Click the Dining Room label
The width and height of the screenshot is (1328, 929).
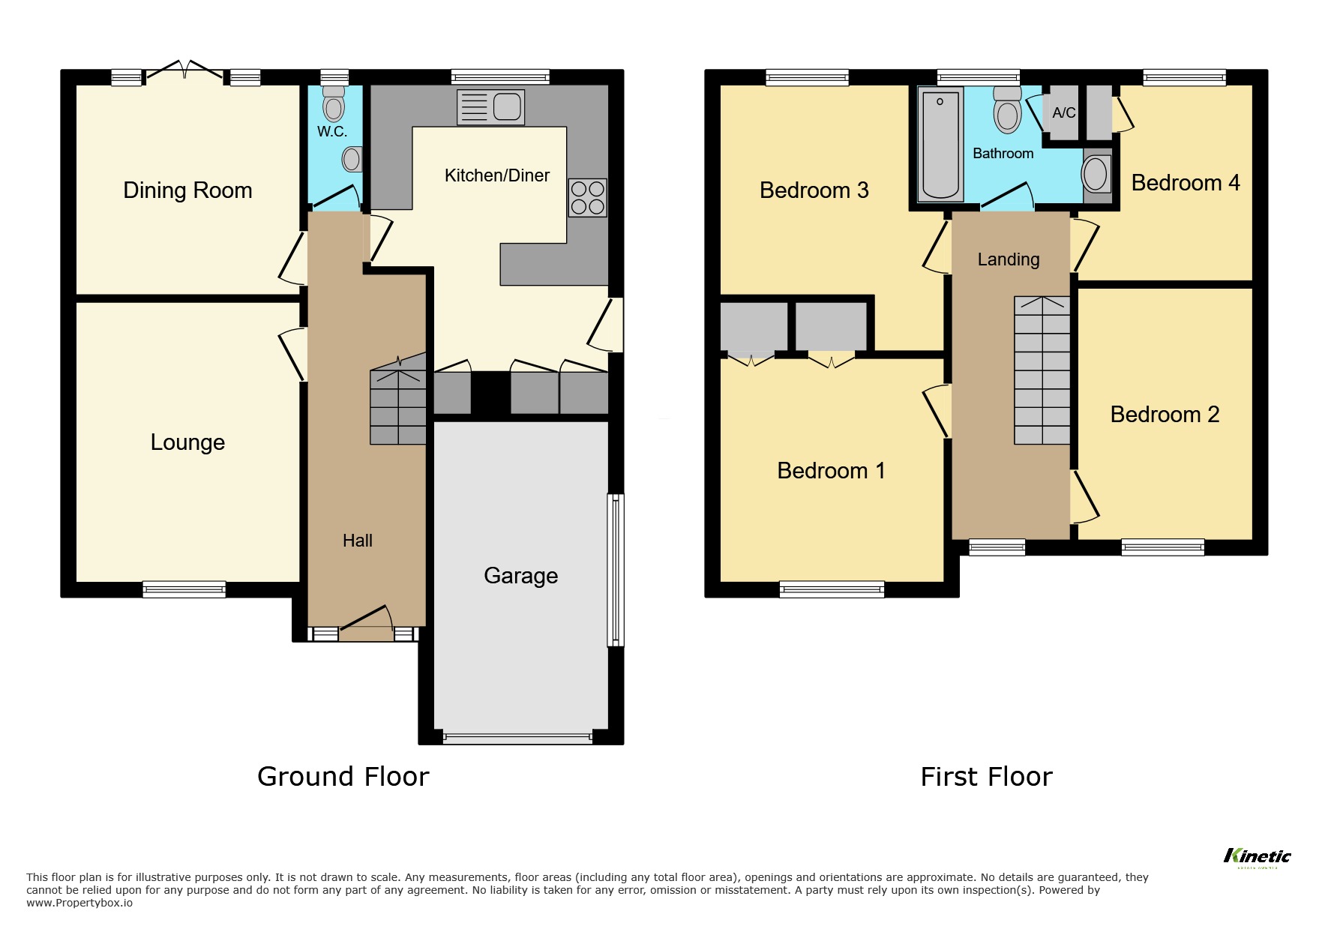tap(187, 190)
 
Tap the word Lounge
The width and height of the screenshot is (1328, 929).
tap(187, 442)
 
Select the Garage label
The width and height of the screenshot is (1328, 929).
tap(520, 576)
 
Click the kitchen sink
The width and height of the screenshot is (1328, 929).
tap(490, 107)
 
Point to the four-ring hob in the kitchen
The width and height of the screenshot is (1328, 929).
tap(587, 197)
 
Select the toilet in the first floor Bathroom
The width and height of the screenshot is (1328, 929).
tap(1008, 109)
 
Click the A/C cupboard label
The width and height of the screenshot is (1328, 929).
tap(1063, 113)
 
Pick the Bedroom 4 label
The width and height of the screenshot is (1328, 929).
tap(1185, 183)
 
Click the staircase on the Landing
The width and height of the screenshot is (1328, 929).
tap(1042, 370)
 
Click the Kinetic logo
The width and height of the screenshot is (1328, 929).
tap(1257, 856)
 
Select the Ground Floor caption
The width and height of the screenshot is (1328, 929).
tap(343, 777)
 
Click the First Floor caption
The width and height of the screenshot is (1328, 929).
tap(986, 777)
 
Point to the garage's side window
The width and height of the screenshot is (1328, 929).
tap(615, 569)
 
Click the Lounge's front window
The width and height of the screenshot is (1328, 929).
tap(184, 589)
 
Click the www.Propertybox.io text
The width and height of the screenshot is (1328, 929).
tap(79, 903)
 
